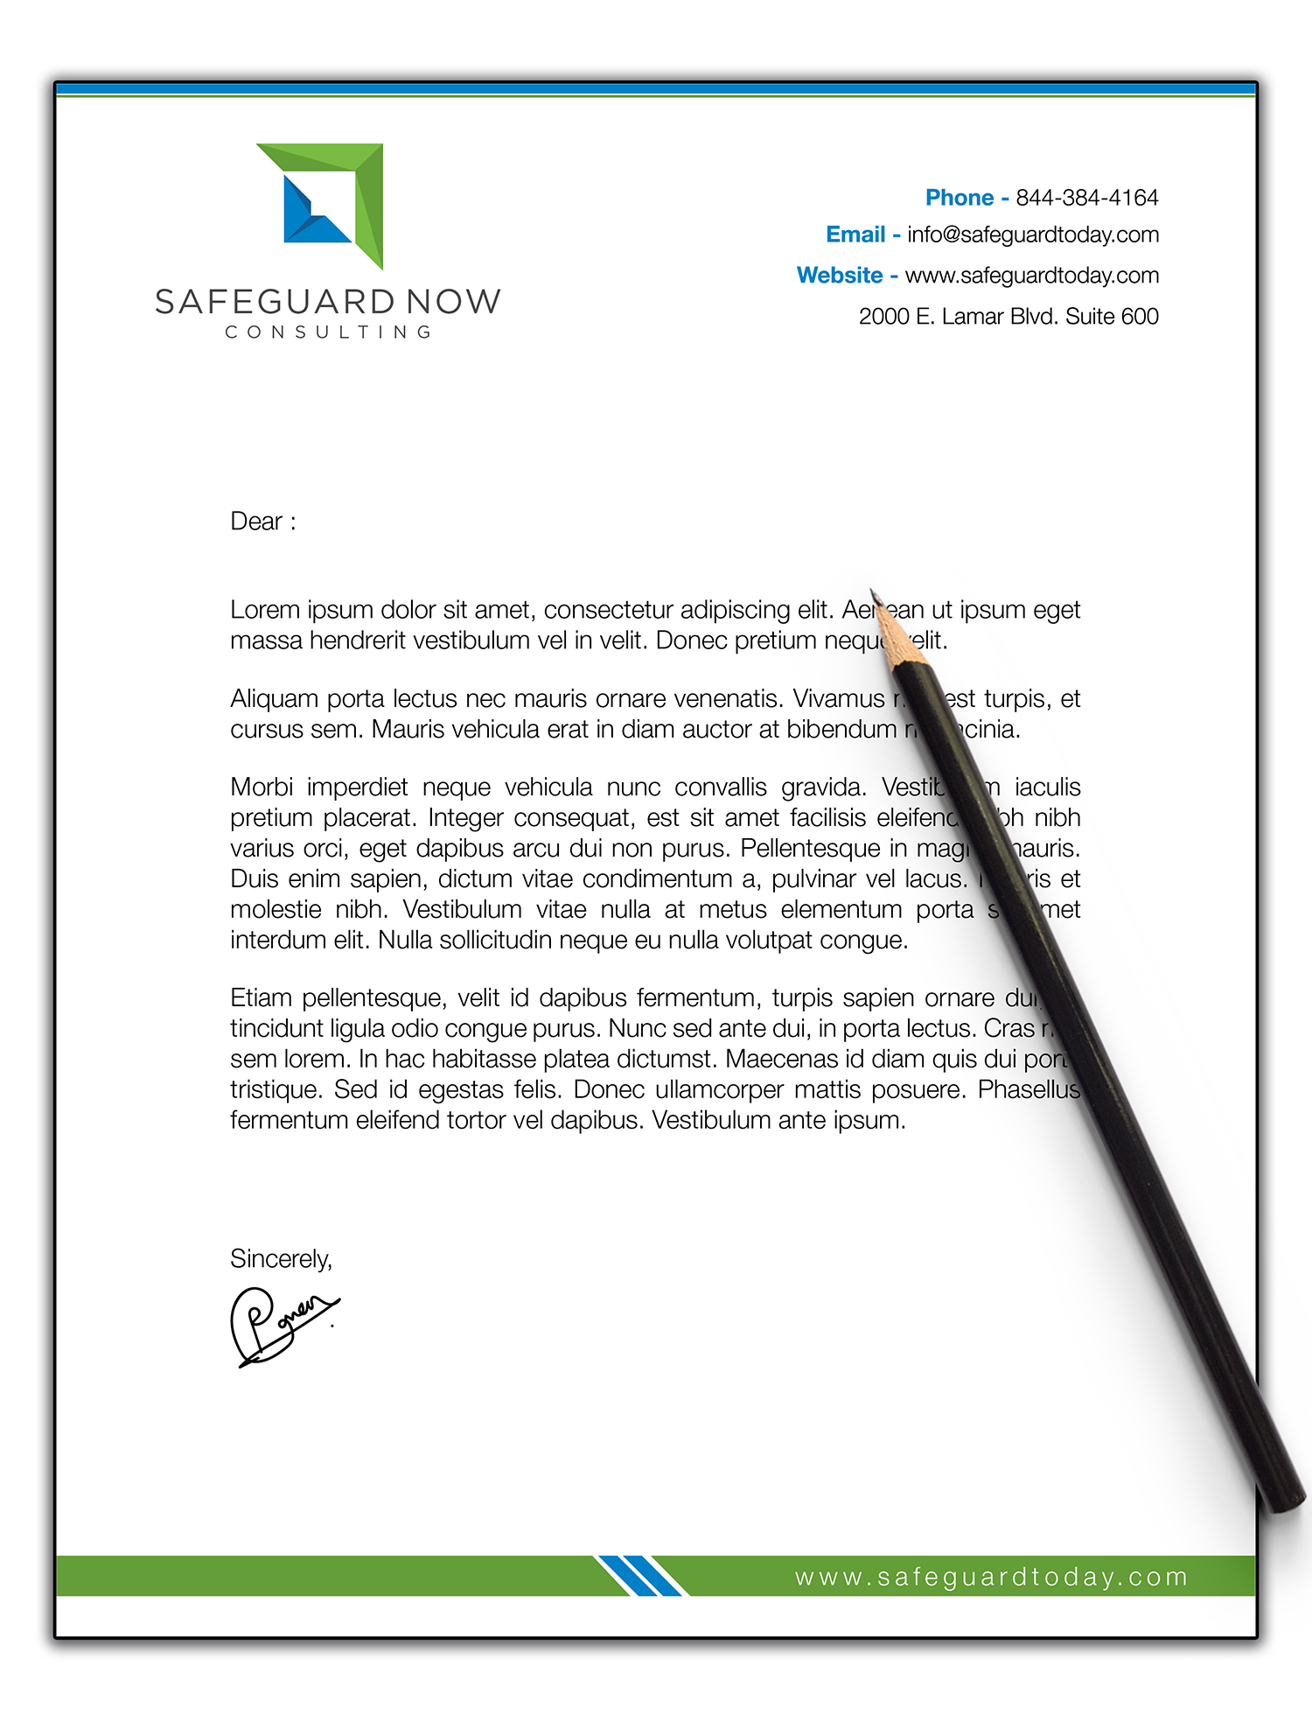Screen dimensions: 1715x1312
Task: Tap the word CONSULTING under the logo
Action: tap(328, 332)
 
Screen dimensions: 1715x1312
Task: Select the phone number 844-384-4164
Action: tap(1086, 198)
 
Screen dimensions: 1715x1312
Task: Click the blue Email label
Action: tap(855, 234)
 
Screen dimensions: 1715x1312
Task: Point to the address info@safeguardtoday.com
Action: tap(1032, 234)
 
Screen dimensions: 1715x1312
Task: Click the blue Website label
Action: tap(840, 275)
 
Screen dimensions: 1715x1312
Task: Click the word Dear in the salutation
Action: tap(256, 521)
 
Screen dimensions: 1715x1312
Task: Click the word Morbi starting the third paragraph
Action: tap(261, 787)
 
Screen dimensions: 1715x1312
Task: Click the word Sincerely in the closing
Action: tap(281, 1258)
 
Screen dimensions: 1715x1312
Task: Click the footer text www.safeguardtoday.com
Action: tap(991, 1577)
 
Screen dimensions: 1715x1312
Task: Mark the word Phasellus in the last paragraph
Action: tap(1029, 1089)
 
